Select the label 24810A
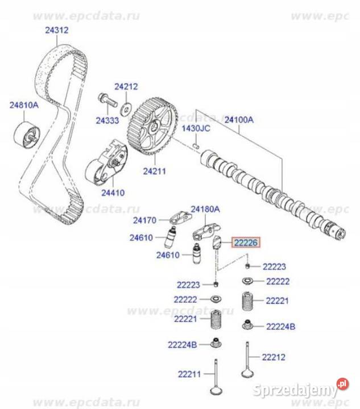(23, 105)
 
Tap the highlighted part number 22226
(245, 243)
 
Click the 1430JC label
(196, 129)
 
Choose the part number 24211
(152, 169)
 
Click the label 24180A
(204, 209)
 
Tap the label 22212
(274, 357)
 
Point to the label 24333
(106, 120)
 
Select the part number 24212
(126, 87)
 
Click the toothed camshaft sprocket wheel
(151, 126)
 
